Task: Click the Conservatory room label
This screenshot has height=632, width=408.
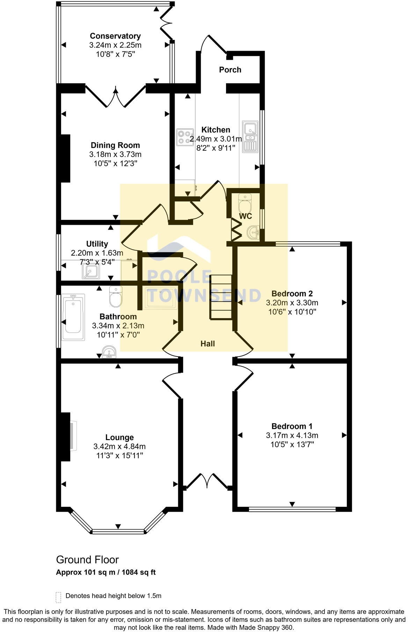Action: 115,36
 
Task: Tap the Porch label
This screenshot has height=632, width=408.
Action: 230,70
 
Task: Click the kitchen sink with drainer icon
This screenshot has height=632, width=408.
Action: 250,137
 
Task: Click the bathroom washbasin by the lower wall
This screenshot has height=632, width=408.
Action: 109,352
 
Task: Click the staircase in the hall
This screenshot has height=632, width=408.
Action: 221,297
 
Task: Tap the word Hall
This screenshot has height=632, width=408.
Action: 207,344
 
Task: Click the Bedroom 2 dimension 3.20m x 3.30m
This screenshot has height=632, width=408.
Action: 292,303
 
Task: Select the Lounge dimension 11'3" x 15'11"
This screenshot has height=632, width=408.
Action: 119,455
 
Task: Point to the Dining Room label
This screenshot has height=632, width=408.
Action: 115,145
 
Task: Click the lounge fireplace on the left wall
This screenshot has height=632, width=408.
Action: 68,436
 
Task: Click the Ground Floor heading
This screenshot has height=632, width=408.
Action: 87,560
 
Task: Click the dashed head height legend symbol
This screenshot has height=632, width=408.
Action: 58,597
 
